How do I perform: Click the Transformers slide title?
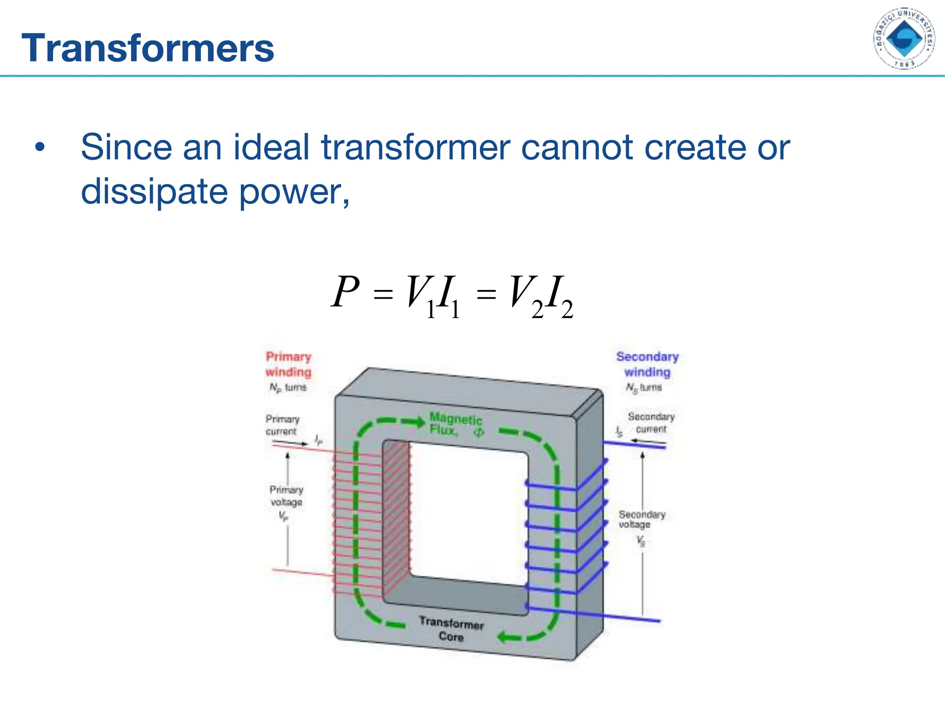[x=148, y=48]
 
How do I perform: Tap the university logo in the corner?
[x=904, y=39]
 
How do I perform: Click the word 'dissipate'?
[x=154, y=192]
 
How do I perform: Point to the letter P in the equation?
[x=345, y=292]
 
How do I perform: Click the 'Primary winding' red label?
[x=288, y=364]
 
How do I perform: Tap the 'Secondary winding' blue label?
[x=647, y=364]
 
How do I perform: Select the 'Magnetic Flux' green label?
[x=456, y=424]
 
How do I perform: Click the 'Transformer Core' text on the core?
[x=451, y=629]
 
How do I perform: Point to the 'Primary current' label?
[x=282, y=425]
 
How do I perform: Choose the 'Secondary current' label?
[x=651, y=423]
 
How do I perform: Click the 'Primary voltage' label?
[x=286, y=496]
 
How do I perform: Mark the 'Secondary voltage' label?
[x=641, y=519]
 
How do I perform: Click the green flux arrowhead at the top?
[x=419, y=421]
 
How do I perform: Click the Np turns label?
[x=288, y=388]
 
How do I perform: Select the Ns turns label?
[x=644, y=388]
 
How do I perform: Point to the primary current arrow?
[x=290, y=444]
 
